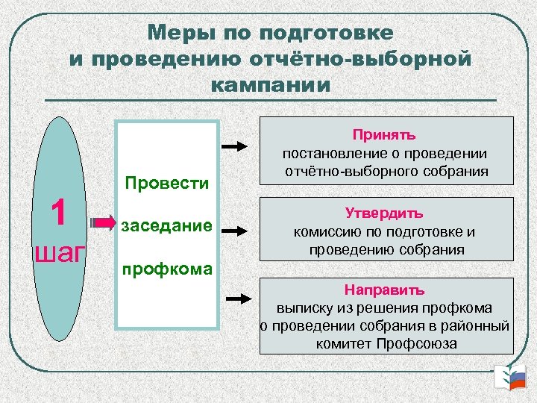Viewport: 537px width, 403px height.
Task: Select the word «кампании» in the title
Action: coord(270,84)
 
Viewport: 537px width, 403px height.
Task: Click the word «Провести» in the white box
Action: coord(167,183)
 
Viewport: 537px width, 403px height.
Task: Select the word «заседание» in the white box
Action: coord(167,225)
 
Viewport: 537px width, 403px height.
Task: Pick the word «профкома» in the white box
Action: coord(167,267)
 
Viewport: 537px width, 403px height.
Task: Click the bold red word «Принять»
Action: coord(385,135)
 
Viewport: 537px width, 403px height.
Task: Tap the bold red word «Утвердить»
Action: coord(385,213)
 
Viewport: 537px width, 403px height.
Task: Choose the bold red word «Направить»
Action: coord(385,290)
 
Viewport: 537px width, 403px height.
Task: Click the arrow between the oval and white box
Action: coord(99,222)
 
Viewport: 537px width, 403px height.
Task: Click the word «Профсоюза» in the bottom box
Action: coord(419,344)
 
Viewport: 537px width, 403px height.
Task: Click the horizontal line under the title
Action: coord(270,101)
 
